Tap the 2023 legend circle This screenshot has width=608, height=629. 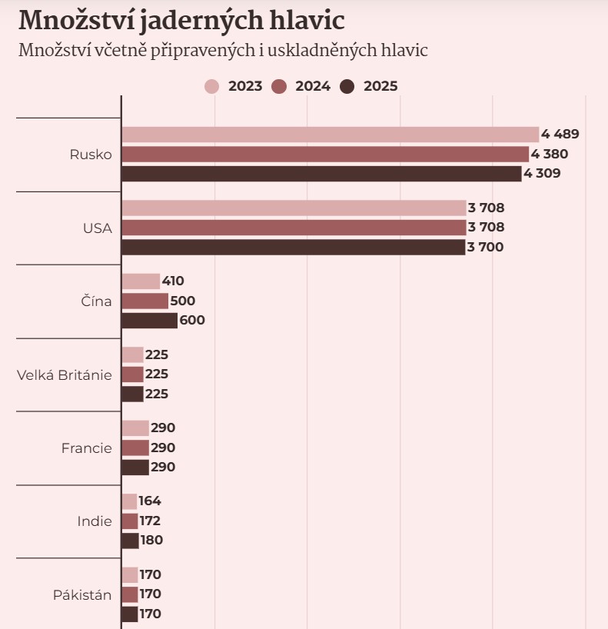(212, 86)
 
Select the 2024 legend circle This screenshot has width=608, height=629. (279, 86)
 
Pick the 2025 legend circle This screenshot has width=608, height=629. (347, 86)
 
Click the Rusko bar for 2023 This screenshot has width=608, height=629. (330, 135)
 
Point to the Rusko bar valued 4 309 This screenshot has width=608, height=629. (321, 174)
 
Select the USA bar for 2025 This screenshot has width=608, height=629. (293, 248)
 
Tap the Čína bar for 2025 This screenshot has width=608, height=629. (149, 321)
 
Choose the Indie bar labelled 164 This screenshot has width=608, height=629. (129, 501)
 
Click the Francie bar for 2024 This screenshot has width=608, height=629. (135, 448)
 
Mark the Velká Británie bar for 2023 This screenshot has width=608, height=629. (132, 354)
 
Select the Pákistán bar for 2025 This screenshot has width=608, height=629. (130, 614)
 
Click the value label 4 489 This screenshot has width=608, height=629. (560, 135)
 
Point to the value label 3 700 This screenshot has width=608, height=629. (485, 248)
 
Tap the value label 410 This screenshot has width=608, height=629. (173, 281)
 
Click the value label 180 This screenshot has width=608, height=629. (151, 541)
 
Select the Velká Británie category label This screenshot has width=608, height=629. (65, 375)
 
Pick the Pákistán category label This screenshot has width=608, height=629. (82, 595)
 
